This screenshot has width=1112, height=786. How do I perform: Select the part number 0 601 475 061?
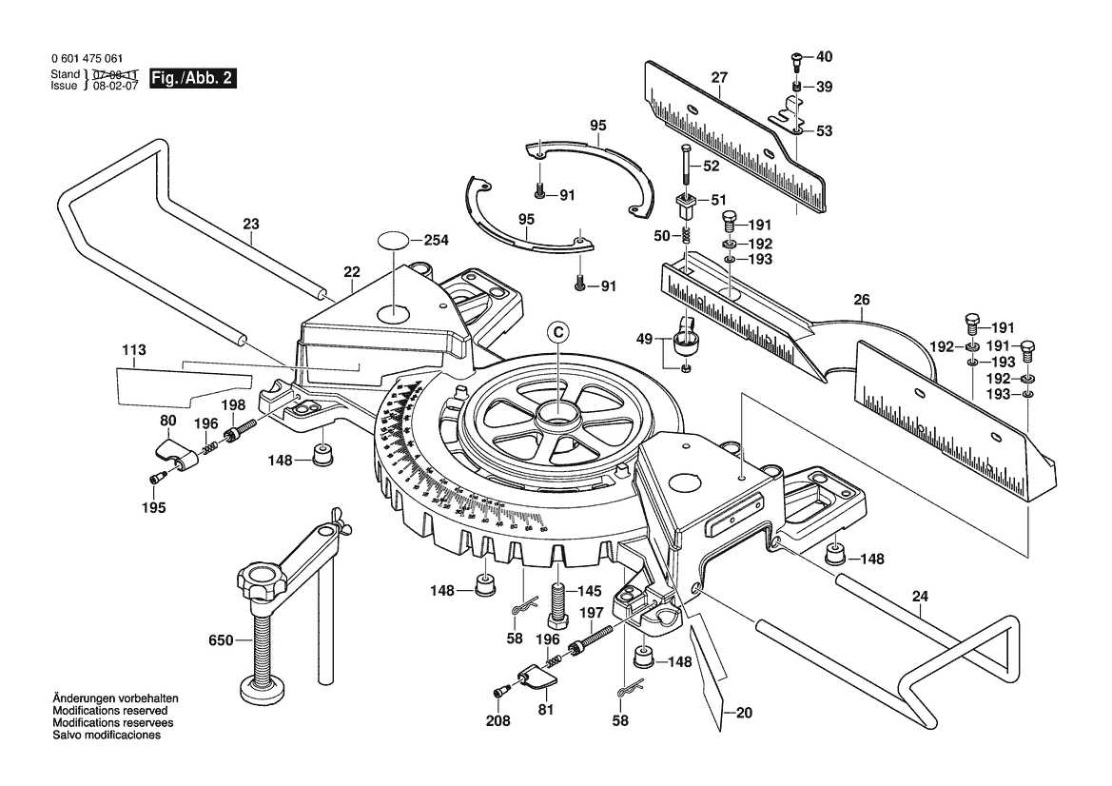coord(87,59)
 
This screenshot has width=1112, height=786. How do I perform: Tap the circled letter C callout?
coord(558,331)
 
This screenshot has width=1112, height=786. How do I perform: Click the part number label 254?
coord(436,241)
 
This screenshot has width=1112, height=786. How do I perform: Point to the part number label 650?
coord(220,641)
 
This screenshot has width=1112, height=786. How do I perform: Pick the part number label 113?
coord(134,350)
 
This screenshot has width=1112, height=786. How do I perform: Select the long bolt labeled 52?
coord(684,168)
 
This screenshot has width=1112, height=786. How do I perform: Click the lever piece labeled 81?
coord(537,679)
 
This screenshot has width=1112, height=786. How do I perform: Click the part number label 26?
coord(861,301)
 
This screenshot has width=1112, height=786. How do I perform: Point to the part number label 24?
coord(919,597)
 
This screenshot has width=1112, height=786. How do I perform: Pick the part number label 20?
coord(743,713)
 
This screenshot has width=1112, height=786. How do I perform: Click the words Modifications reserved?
coord(110,711)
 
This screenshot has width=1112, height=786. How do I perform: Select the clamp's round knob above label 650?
coord(262,577)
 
